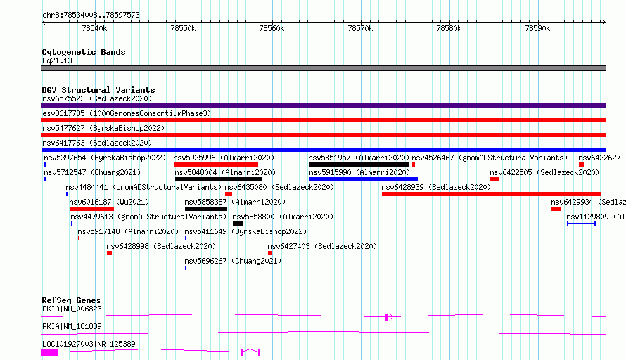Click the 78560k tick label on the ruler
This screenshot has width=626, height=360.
[x=272, y=28]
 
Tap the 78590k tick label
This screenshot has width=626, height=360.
[x=537, y=28]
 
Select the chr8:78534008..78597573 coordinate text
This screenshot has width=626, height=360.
[x=91, y=15]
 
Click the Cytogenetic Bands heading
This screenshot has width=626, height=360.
[x=84, y=52]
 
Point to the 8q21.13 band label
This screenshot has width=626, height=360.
[x=57, y=60]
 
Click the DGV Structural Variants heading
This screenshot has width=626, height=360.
[x=98, y=90]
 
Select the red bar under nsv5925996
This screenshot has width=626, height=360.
[x=216, y=165]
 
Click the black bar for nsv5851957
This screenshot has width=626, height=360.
[x=359, y=165]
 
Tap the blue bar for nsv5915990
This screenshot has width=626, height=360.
[x=364, y=179]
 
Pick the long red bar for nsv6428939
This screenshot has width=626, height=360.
[x=491, y=194]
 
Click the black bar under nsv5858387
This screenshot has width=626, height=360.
[x=206, y=209]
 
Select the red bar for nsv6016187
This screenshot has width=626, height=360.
[x=91, y=209]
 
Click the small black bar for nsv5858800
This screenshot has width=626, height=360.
[x=238, y=224]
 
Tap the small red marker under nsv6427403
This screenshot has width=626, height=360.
[x=270, y=253]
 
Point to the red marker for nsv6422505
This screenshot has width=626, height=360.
[x=494, y=179]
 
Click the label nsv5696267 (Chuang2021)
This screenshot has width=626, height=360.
[x=233, y=261]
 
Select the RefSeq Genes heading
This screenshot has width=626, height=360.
[x=72, y=300]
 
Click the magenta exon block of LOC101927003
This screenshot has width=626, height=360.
[x=50, y=352]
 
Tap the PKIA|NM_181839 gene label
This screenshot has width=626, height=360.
[x=72, y=326]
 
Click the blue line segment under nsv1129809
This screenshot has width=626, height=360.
[x=581, y=224]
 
